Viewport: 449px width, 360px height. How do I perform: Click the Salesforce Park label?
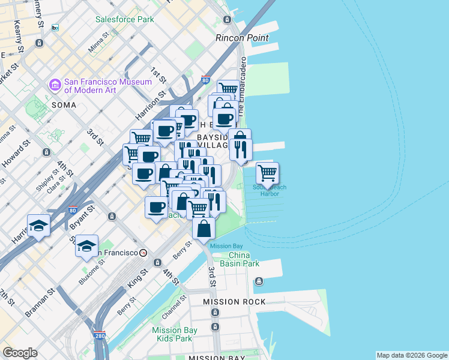pos(125,19)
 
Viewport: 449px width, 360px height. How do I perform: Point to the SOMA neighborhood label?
pos(64,105)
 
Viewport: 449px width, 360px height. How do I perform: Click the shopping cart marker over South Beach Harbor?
pos(267,173)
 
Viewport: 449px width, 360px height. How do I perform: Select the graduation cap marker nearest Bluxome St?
pos(86,245)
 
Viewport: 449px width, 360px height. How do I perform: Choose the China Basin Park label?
pos(243,259)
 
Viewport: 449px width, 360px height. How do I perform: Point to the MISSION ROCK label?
pos(234,302)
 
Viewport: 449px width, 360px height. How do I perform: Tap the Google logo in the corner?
pos(20,353)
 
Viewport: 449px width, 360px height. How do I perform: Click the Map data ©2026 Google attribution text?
pos(412,355)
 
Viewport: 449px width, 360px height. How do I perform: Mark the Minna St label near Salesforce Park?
pos(99,41)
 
